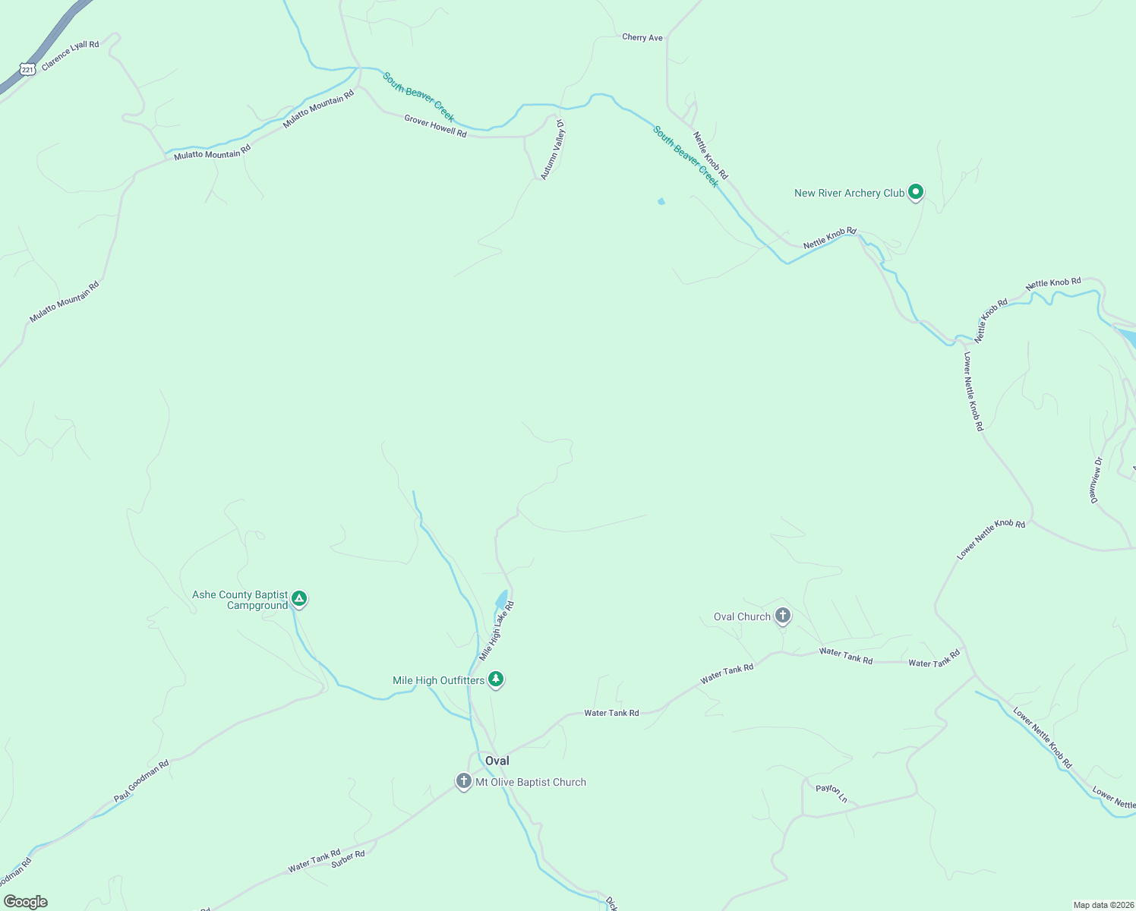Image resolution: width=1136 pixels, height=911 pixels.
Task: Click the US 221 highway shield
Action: (27, 70)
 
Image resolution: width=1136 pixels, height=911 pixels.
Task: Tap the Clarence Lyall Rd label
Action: (71, 55)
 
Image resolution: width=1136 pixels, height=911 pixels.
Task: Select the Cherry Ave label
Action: (642, 37)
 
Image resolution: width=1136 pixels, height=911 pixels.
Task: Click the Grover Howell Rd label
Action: (435, 126)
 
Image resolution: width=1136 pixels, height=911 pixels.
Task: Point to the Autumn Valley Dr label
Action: (553, 150)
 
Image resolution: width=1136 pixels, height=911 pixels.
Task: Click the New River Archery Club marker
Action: (916, 192)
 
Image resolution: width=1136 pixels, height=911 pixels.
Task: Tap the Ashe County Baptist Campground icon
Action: (299, 599)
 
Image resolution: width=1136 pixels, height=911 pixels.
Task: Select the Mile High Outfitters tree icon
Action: (496, 678)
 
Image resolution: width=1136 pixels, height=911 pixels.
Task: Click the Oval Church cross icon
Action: (783, 616)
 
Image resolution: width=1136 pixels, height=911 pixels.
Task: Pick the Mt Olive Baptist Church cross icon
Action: (464, 780)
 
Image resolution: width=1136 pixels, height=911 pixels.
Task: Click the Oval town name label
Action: (497, 761)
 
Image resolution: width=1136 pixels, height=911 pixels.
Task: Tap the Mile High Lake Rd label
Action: (497, 631)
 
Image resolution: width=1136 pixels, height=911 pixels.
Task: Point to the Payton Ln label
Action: (831, 793)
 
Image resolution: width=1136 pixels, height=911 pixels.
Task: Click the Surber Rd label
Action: (348, 859)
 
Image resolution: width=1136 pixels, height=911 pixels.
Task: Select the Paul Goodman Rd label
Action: (141, 780)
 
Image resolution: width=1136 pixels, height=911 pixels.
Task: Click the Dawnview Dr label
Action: (1096, 480)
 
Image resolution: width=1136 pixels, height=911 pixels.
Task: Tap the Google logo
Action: (26, 902)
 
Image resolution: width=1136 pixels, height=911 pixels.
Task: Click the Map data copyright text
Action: (1103, 905)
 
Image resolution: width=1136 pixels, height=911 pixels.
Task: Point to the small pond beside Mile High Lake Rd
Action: (502, 599)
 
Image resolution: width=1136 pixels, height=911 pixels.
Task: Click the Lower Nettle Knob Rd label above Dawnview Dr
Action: (973, 392)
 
